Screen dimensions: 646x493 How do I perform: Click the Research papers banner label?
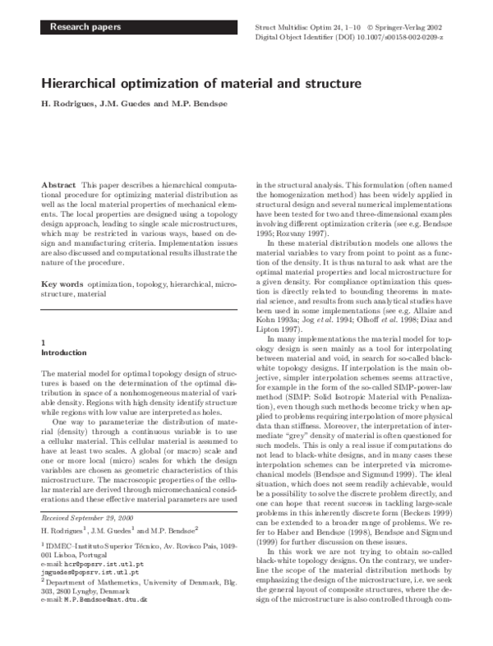point(85,28)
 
